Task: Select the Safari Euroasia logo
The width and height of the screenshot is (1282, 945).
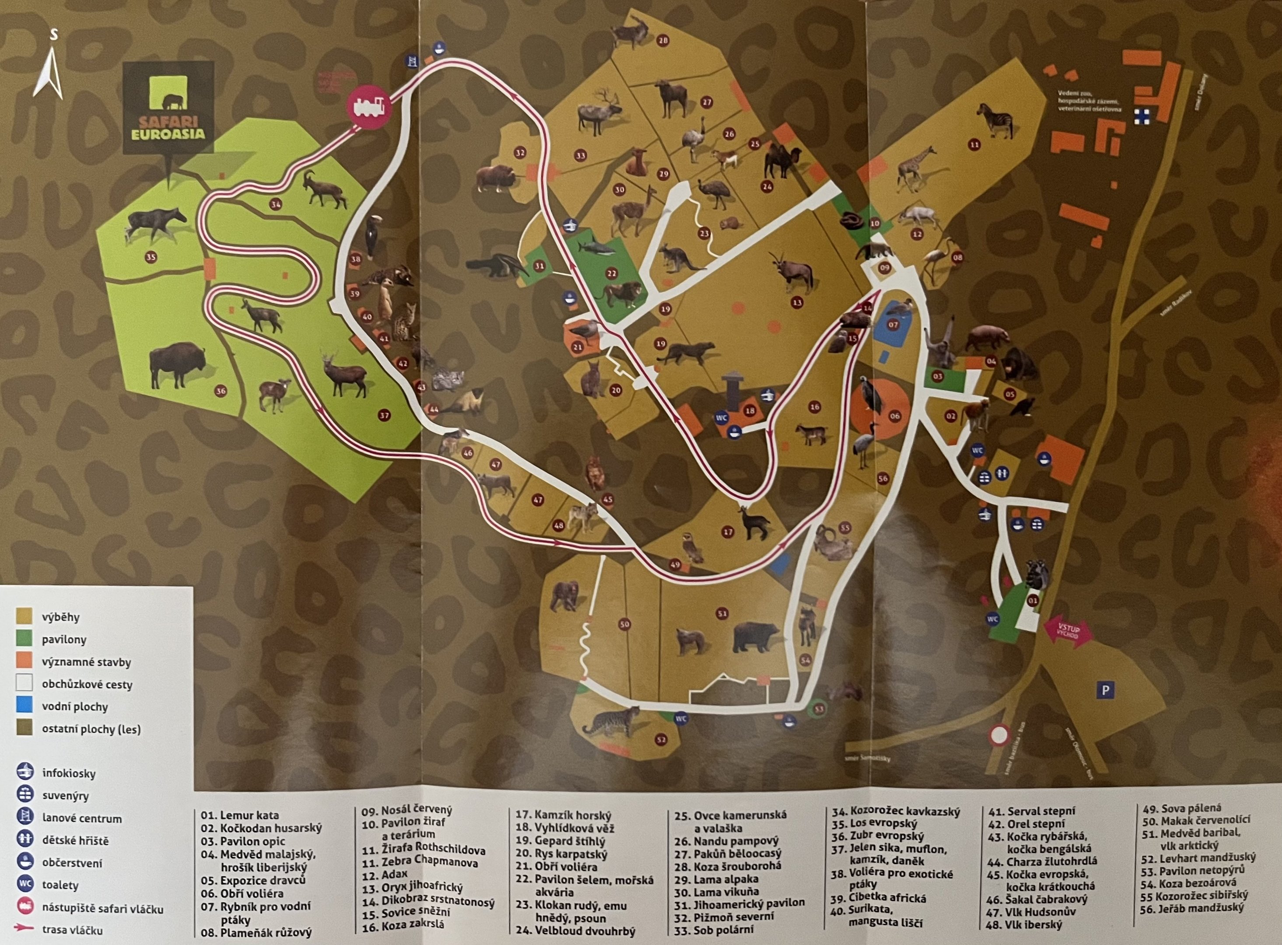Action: [169, 108]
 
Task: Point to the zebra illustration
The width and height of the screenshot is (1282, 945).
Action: [996, 121]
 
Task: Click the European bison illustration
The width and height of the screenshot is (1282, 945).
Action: [177, 364]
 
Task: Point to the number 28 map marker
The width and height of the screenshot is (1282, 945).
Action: [663, 41]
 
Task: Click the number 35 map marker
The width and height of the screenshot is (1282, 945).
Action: [150, 257]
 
